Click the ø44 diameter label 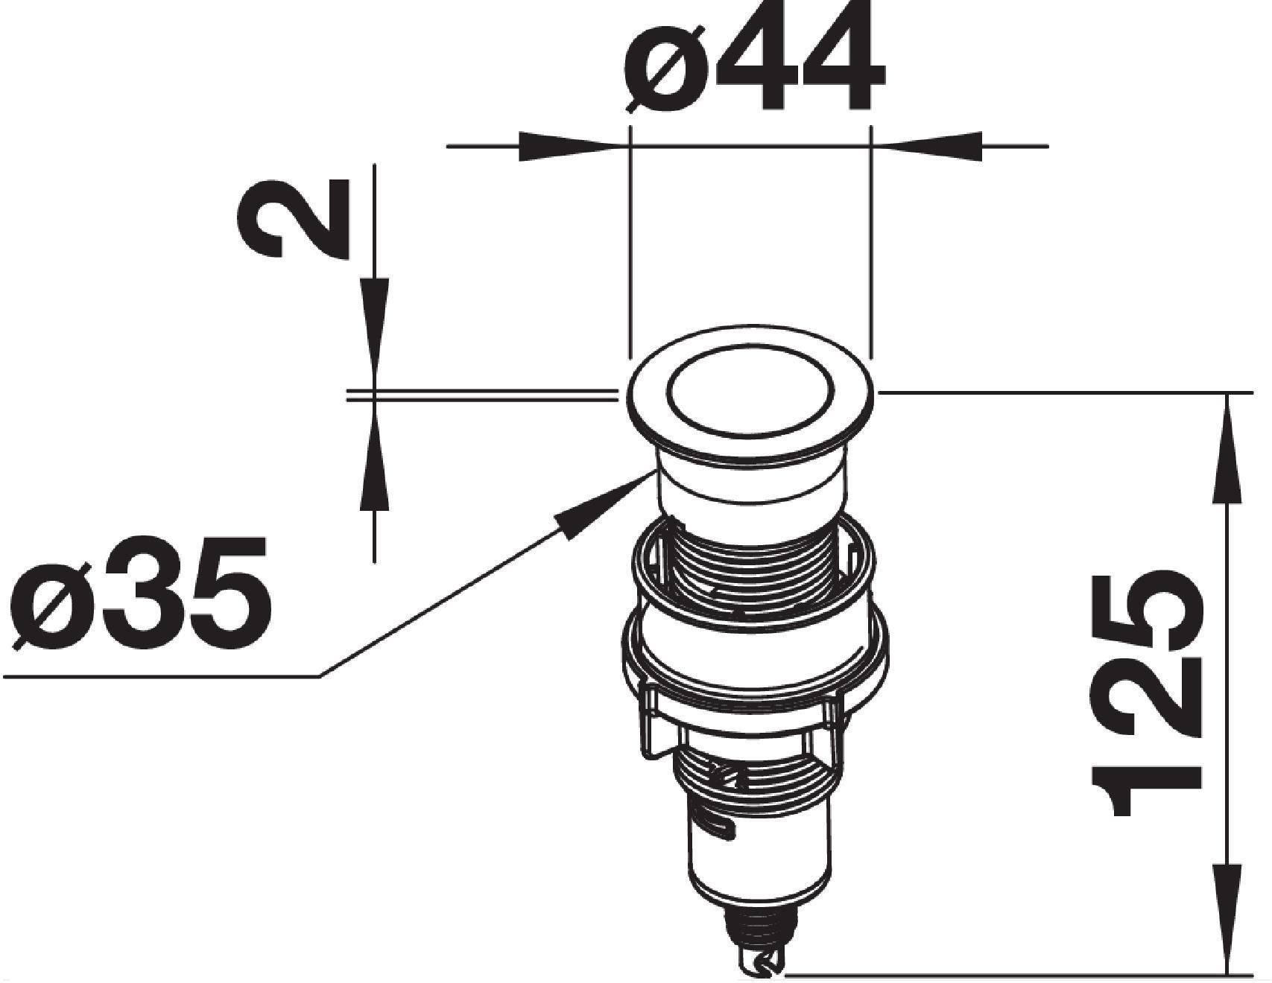[754, 57]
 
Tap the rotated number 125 [1146, 692]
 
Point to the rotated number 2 [293, 218]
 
